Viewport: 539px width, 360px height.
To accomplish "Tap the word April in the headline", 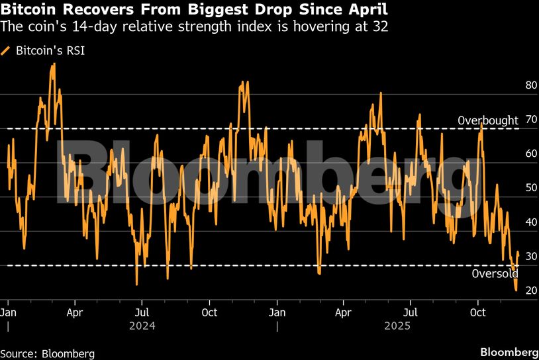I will (368, 11).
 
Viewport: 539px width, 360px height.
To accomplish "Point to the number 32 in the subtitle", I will (380, 27).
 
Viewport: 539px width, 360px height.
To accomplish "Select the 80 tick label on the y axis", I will (513, 85).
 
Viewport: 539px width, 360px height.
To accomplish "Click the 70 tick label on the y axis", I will (513, 120).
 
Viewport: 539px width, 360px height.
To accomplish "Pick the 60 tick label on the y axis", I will (513, 154).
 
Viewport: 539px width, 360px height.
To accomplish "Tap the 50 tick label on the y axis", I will (513, 188).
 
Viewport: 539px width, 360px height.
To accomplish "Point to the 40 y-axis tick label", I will (513, 222).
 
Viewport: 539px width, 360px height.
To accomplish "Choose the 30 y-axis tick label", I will (513, 257).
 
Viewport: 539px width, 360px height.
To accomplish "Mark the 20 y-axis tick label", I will (513, 291).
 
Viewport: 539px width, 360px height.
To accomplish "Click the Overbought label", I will (488, 120).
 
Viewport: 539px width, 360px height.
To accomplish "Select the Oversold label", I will (495, 274).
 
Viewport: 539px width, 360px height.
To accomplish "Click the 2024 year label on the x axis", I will (142, 326).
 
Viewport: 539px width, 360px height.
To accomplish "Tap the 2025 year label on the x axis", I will (397, 326).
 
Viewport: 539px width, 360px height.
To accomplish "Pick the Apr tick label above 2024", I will (75, 311).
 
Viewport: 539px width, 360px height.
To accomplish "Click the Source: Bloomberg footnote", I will (48, 353).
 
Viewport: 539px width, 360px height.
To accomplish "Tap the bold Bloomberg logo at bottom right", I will (509, 351).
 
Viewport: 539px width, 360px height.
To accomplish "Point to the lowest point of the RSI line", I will (516, 290).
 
